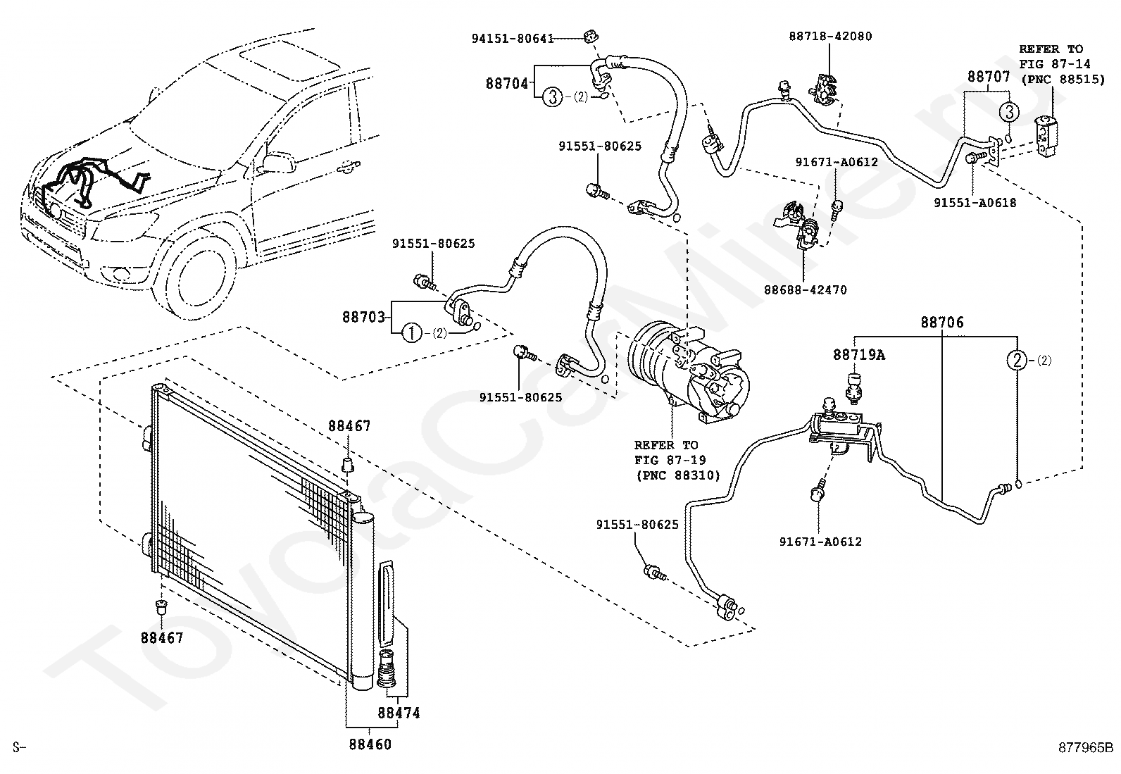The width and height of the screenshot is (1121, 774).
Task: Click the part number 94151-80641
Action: [513, 39]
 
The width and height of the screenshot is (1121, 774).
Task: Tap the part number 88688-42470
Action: [806, 289]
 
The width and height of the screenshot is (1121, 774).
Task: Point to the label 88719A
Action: [859, 355]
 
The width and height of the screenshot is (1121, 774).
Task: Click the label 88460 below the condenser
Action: [370, 744]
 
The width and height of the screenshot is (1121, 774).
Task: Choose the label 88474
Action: [399, 713]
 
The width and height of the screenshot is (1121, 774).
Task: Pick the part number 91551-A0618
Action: [975, 202]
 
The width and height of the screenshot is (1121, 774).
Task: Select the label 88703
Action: [363, 317]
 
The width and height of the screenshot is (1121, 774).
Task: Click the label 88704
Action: [506, 83]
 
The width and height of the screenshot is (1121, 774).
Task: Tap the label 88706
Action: [942, 323]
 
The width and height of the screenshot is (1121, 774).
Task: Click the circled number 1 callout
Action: [411, 333]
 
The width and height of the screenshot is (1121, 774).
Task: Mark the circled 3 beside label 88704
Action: [553, 96]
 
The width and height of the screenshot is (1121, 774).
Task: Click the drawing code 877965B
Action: [1085, 747]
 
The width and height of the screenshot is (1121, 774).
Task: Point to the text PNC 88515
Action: [1053, 80]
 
